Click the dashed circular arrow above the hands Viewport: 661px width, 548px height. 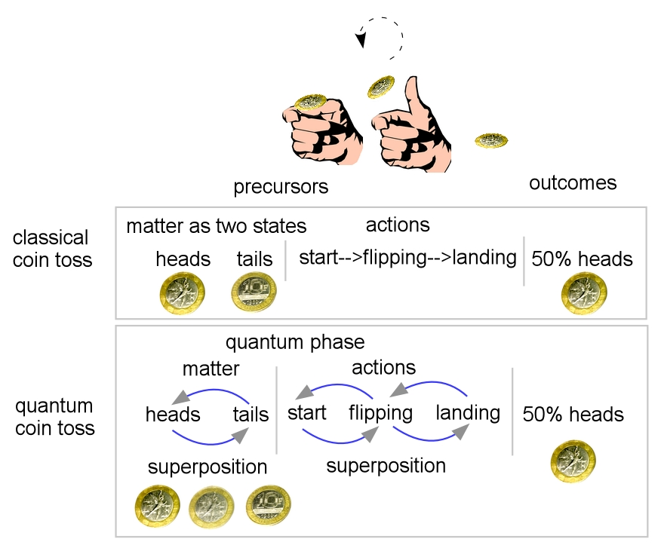click(x=381, y=36)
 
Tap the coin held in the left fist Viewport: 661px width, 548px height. click(x=309, y=103)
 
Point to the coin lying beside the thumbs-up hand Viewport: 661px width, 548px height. click(x=490, y=140)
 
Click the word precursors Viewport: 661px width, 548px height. click(x=281, y=186)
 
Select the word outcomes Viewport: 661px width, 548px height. click(x=573, y=182)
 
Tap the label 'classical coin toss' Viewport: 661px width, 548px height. click(x=51, y=249)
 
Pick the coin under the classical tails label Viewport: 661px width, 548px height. click(x=254, y=292)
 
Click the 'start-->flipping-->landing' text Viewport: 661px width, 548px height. click(x=407, y=258)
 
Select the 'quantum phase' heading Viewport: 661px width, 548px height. click(x=295, y=342)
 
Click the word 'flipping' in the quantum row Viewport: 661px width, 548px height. click(x=380, y=413)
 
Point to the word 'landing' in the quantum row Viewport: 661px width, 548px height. click(x=468, y=413)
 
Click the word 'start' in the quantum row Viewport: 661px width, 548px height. click(x=307, y=413)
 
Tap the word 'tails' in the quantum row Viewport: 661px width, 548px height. click(x=251, y=415)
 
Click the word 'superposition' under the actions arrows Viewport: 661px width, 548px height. click(x=386, y=466)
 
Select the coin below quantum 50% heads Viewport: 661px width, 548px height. click(x=573, y=461)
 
